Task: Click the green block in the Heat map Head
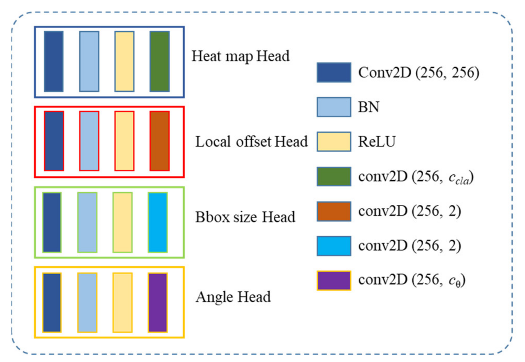point(159,62)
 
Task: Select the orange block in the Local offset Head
point(159,141)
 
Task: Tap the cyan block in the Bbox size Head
point(158,222)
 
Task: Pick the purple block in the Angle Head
point(158,302)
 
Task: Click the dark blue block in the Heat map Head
point(54,62)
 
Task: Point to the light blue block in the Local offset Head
point(89,141)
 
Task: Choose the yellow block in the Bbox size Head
point(122,222)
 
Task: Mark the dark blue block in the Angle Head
point(52,302)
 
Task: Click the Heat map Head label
point(240,56)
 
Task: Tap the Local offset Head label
point(251,142)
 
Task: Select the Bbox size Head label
point(245,217)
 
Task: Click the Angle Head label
point(233,297)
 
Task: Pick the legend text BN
point(368,107)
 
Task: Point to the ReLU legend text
point(376,142)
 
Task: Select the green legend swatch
point(334,176)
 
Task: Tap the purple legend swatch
point(334,280)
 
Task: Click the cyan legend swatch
point(334,246)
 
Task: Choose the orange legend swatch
point(334,211)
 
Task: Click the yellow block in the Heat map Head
point(124,62)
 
